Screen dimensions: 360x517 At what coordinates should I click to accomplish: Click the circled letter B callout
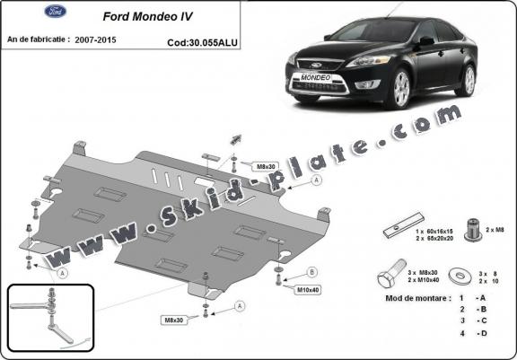coord(311,272)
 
